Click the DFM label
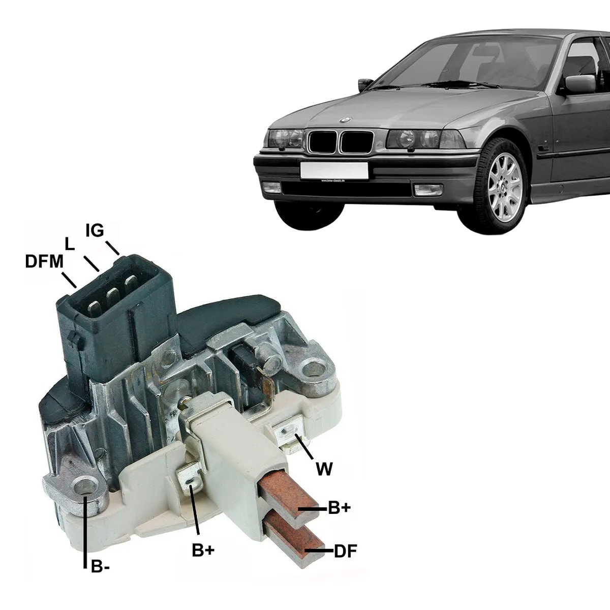(44, 261)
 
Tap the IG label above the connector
(95, 231)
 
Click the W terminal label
(324, 469)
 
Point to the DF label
(346, 551)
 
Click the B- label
(100, 567)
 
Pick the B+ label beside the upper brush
(340, 507)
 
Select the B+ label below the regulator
(203, 550)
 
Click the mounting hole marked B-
(84, 487)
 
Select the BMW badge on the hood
(345, 120)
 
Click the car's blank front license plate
(334, 170)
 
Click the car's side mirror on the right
(579, 84)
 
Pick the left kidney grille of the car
(322, 141)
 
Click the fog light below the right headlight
(428, 190)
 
